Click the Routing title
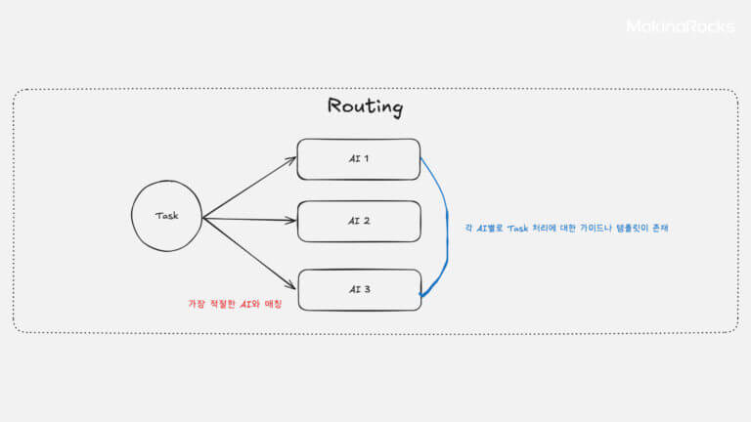365,106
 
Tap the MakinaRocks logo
681,25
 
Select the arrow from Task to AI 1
249,188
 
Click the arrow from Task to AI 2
249,219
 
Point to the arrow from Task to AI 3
249,254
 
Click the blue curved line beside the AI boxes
447,225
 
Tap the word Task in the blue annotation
517,229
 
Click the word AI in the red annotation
245,304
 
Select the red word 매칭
273,304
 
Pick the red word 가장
197,304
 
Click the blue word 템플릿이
633,228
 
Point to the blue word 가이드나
596,228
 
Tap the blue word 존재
660,228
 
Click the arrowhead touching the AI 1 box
291,160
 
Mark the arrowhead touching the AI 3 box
290,286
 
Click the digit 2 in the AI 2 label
366,221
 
